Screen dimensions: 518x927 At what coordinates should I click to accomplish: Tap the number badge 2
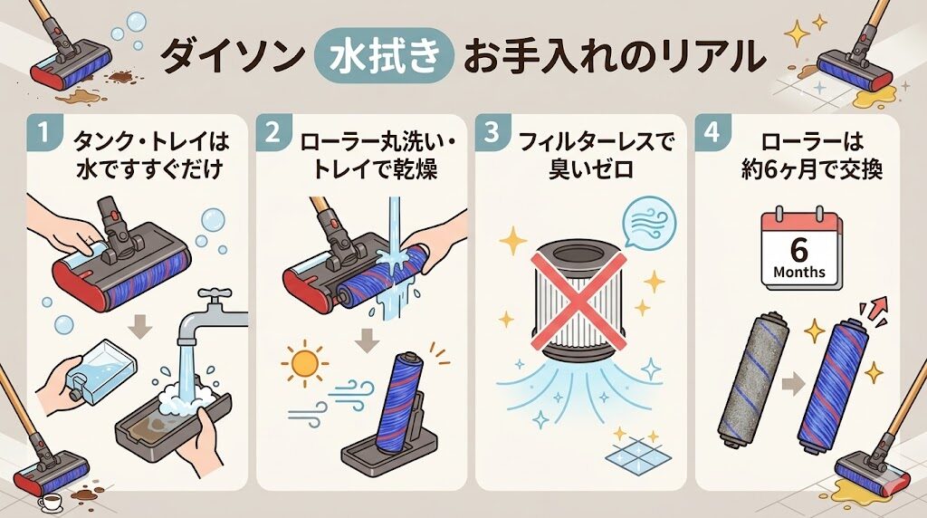[272, 133]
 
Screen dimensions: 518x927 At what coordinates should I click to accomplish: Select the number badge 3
[492, 133]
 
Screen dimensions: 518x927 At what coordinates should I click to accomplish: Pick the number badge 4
[712, 133]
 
